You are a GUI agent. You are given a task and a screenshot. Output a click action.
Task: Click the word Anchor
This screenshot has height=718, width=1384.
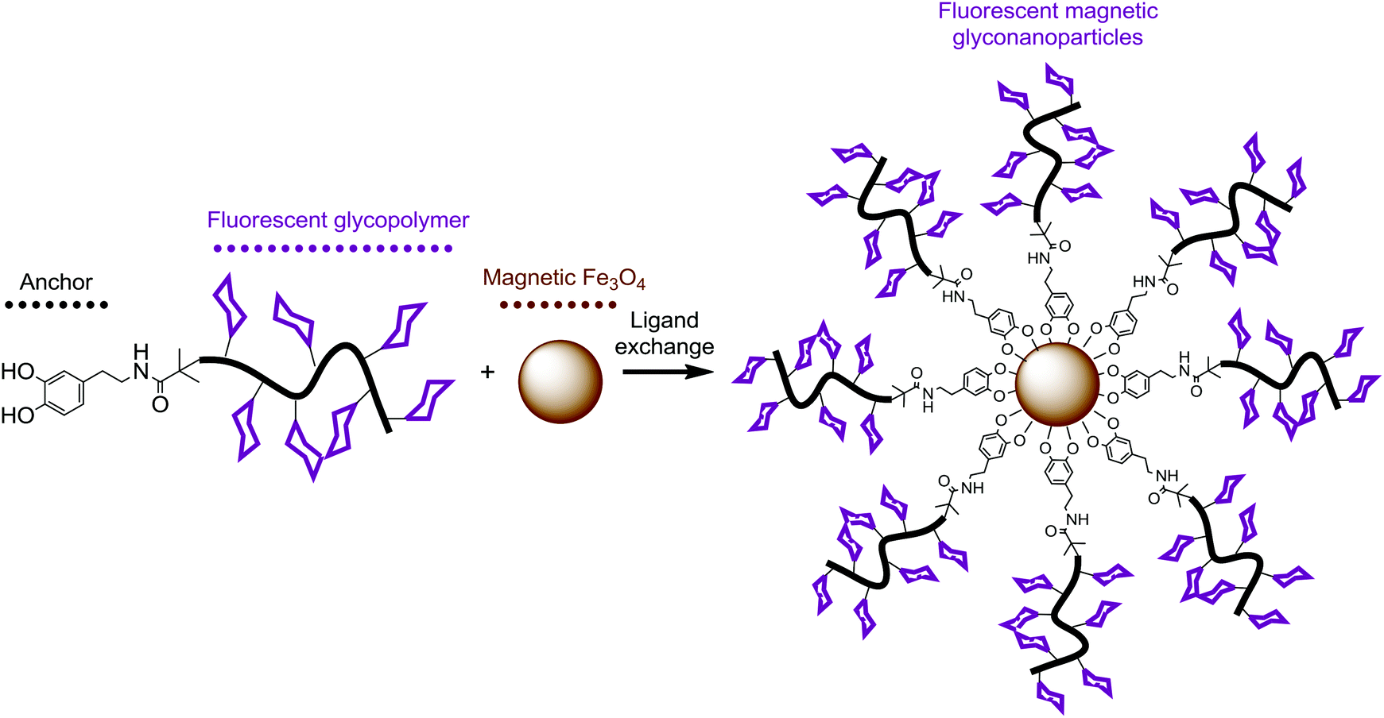point(56,282)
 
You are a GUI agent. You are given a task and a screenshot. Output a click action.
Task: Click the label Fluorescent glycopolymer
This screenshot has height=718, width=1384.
point(338,220)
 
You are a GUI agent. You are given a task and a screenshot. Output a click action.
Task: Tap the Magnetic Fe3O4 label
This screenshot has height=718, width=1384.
point(564,278)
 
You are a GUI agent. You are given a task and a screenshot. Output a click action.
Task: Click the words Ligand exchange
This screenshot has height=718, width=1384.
point(664,334)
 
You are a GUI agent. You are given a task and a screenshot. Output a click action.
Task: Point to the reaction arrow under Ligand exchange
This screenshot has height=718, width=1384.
point(668,371)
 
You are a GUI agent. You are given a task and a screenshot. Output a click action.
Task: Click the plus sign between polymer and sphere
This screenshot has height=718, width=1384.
point(487,371)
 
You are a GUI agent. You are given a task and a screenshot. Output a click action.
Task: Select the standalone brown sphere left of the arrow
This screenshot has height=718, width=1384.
point(560,382)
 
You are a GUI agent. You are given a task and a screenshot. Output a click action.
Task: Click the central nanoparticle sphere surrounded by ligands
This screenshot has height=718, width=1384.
point(1057,385)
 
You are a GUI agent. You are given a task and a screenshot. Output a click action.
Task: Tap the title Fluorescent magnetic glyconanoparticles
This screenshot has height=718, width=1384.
point(1048,24)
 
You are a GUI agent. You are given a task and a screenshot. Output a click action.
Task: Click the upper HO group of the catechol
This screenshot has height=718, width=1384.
point(17,372)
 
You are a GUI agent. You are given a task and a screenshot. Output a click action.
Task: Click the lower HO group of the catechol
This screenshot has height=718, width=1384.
point(17,415)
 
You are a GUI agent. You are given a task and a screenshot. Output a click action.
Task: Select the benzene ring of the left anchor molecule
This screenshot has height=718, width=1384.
point(62,392)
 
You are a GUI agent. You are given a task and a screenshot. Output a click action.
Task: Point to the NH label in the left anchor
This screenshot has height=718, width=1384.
point(142,361)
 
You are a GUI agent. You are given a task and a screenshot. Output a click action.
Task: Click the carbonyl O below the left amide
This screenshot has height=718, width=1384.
point(160,405)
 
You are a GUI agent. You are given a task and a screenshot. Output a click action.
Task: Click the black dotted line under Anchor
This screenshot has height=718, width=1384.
point(56,305)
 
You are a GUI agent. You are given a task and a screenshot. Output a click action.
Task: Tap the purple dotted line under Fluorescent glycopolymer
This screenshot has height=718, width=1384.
point(333,249)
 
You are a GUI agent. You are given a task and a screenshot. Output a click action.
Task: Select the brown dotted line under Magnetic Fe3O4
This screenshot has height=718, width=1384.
point(557,305)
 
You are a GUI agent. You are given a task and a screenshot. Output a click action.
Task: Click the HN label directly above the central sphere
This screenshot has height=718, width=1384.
point(1038,258)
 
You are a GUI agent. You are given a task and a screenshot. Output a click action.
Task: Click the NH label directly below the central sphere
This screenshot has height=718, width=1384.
point(1077,519)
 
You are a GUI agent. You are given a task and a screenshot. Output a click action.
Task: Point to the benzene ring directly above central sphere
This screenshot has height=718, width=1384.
point(1059,304)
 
